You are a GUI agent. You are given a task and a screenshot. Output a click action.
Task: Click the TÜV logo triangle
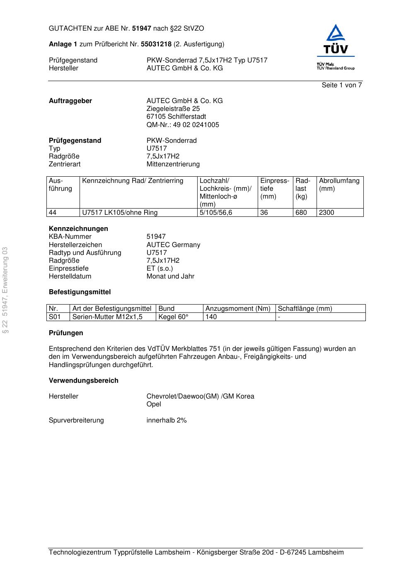(335, 34)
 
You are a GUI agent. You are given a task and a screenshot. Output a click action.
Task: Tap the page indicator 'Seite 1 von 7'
(341, 85)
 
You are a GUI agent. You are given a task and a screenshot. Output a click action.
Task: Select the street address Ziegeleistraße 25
(173, 109)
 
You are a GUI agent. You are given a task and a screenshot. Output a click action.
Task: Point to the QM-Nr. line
(183, 125)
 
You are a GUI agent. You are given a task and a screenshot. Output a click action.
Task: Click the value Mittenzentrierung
(173, 164)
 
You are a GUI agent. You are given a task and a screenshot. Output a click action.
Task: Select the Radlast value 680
(301, 213)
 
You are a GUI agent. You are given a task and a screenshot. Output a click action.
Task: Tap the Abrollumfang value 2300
(326, 213)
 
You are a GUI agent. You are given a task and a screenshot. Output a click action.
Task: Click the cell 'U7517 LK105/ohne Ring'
(120, 213)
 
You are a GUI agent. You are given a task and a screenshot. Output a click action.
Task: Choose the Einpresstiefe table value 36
(264, 213)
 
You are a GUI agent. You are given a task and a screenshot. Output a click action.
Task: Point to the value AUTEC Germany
(173, 245)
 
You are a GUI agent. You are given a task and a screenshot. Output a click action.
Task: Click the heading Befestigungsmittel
(80, 292)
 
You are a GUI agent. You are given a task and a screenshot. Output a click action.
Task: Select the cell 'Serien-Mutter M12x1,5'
(107, 317)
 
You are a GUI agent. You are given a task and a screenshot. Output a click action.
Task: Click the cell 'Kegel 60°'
(173, 317)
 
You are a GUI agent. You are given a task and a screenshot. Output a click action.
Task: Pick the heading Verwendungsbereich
(84, 381)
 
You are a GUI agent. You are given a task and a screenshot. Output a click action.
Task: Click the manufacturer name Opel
(154, 404)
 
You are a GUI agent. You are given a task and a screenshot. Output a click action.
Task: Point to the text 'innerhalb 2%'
(167, 420)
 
